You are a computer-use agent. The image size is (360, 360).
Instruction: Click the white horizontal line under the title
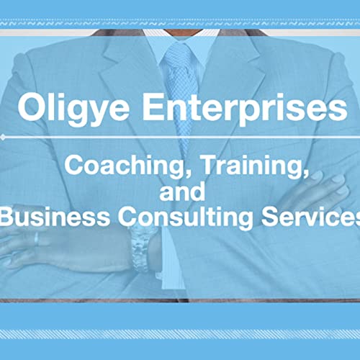[x=180, y=135]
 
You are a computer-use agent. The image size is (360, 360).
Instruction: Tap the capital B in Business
[x=8, y=218]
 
